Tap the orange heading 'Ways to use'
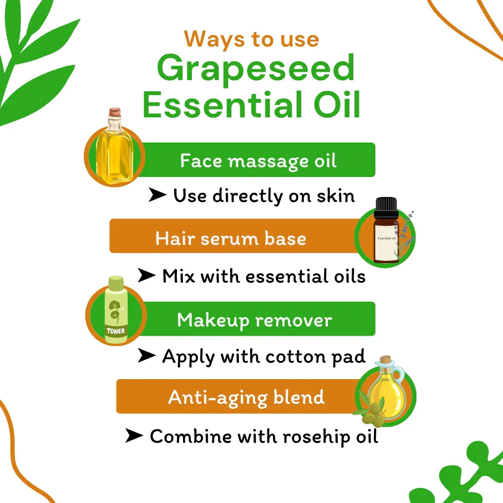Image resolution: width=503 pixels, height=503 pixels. pyautogui.click(x=251, y=40)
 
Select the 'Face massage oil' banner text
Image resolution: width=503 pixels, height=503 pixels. pyautogui.click(x=258, y=161)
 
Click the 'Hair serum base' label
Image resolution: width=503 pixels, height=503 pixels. pyautogui.click(x=231, y=238)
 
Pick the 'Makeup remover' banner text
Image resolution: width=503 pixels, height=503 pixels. pyautogui.click(x=255, y=320)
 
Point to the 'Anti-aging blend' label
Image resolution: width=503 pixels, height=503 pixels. pyautogui.click(x=246, y=398)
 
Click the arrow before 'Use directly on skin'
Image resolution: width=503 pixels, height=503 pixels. pyautogui.click(x=157, y=195)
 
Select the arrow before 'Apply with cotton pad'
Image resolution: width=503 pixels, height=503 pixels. pyautogui.click(x=147, y=355)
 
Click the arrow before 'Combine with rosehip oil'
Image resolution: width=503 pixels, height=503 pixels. pyautogui.click(x=134, y=435)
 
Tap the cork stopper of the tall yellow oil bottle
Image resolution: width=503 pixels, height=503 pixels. pyautogui.click(x=115, y=112)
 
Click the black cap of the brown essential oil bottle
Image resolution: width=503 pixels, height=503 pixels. pyautogui.click(x=386, y=208)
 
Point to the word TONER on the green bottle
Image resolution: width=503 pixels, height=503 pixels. pyautogui.click(x=116, y=331)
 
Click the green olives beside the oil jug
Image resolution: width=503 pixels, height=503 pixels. pyautogui.click(x=374, y=415)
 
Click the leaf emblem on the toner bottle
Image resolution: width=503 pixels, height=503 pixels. pyautogui.click(x=115, y=311)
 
